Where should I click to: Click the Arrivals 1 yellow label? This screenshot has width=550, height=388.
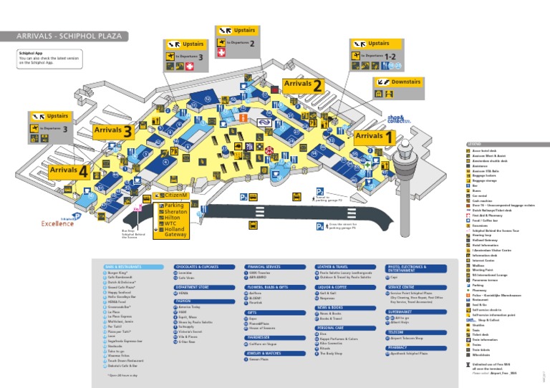click(374, 136)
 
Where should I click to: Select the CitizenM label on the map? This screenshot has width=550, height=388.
click(174, 195)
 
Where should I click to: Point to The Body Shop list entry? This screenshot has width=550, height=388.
click(334, 354)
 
